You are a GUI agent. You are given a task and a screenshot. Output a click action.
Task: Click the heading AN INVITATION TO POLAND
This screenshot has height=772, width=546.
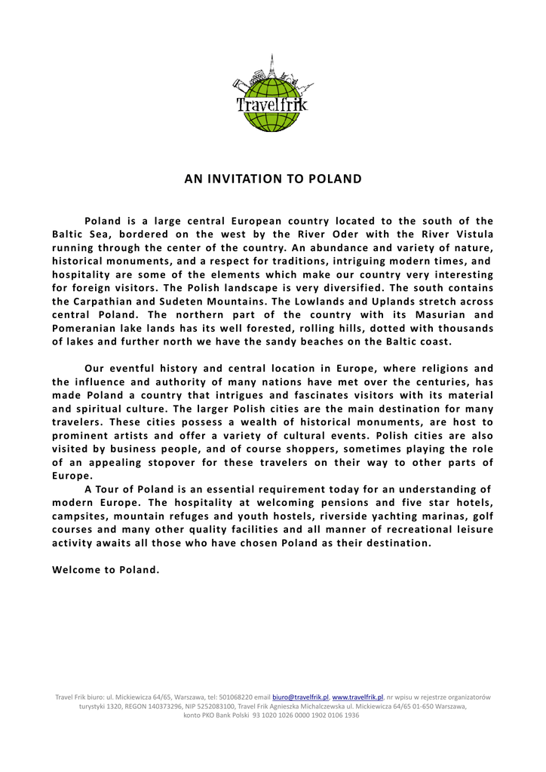(x=273, y=179)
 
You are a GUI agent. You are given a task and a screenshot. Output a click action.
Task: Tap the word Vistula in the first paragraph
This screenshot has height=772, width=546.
(x=471, y=234)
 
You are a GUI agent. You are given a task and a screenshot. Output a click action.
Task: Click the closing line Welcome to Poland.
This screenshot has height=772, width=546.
(x=106, y=569)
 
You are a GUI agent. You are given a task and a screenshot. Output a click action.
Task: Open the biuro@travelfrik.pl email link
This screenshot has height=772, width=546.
(x=300, y=697)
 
